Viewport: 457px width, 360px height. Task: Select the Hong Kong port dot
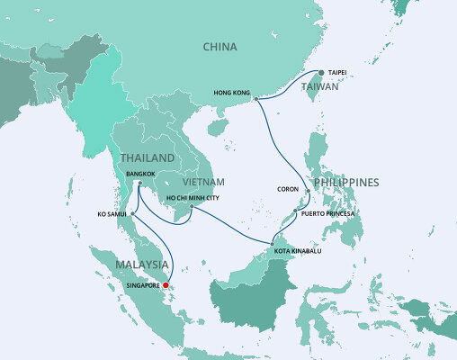coord(255,99)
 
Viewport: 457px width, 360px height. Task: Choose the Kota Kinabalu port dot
coord(272,243)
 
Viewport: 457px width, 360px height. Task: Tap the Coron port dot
coord(309,191)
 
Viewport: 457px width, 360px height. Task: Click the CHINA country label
coord(220,47)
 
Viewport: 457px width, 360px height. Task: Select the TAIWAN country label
coord(319,87)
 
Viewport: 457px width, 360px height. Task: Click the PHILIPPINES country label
coord(346,183)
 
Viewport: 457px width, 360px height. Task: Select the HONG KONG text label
coord(230,92)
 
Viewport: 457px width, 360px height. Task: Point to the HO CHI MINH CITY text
coord(192,198)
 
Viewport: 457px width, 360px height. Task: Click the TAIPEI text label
coord(338,70)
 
